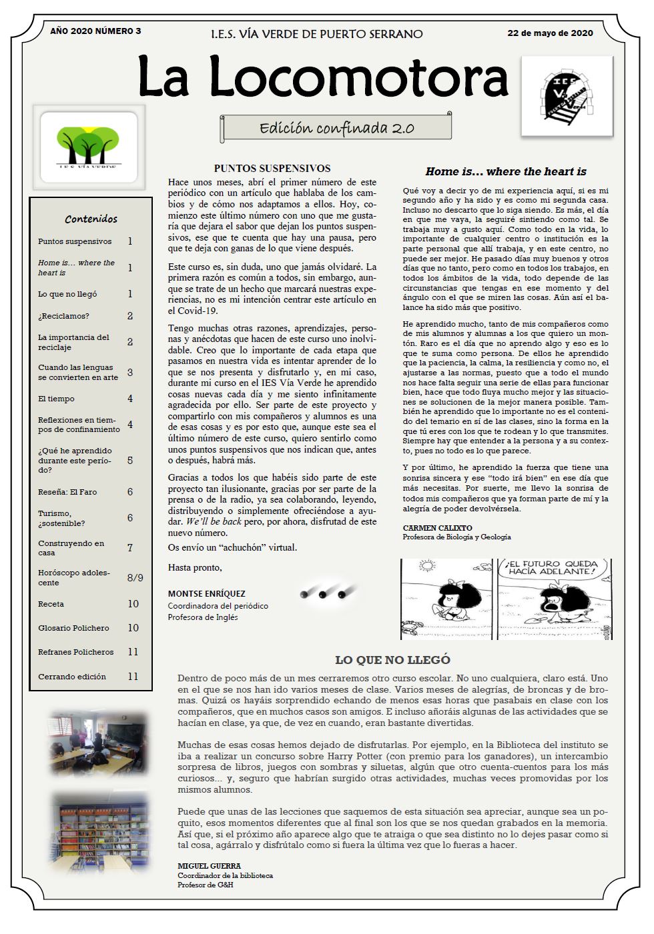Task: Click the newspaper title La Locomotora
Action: coord(322,77)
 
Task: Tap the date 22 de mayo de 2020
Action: coord(550,33)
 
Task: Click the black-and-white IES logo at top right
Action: coord(567,96)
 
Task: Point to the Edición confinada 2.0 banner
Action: coord(336,127)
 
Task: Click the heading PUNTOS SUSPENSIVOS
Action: coord(272,169)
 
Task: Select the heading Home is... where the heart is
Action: coord(506,171)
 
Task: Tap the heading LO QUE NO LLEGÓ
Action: coord(392,660)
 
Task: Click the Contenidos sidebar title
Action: coord(91,219)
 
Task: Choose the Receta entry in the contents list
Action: coord(51,604)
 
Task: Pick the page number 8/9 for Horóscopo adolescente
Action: coord(135,577)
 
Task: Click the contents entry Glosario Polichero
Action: coord(73,628)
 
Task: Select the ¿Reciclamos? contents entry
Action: coord(63,316)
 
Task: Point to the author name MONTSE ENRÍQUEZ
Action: coord(206,593)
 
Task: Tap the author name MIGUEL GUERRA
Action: coord(200,865)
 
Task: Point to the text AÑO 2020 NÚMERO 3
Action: coord(95,31)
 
